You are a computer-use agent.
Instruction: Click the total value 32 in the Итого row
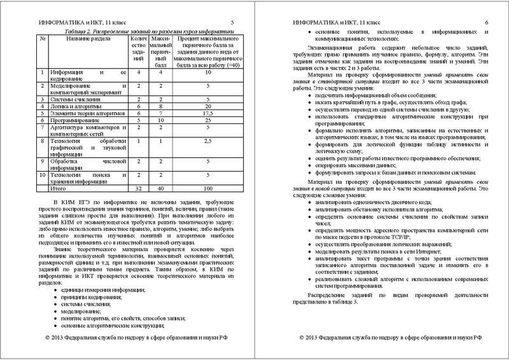point(138,190)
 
